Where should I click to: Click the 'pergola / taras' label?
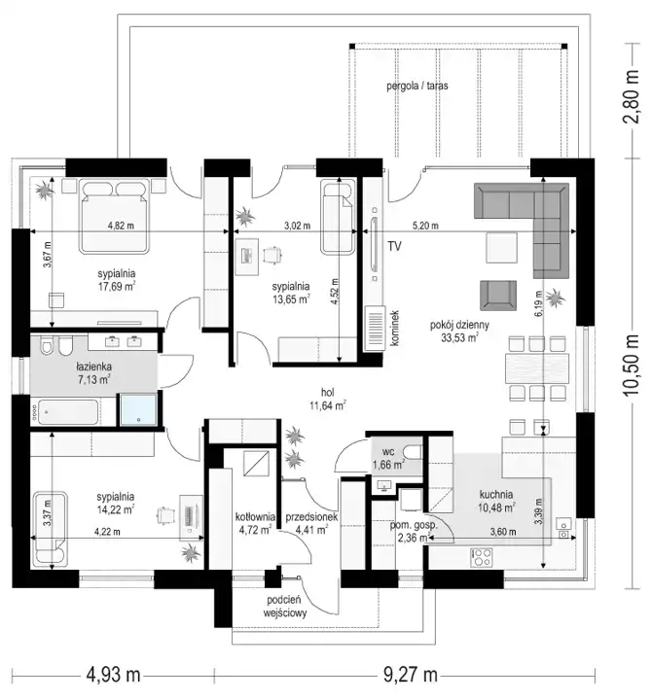click(416, 86)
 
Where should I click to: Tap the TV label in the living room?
click(394, 246)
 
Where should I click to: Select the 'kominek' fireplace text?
click(394, 329)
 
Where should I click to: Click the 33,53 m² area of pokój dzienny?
click(459, 337)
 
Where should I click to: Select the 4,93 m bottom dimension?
click(113, 674)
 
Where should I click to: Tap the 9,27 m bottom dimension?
click(411, 674)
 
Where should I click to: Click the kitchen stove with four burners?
click(482, 558)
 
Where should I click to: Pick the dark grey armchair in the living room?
click(498, 296)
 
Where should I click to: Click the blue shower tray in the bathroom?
click(138, 408)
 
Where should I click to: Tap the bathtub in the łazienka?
click(68, 412)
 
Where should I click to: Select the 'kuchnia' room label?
click(496, 494)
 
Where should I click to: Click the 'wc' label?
click(388, 451)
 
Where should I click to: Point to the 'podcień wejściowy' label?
click(284, 607)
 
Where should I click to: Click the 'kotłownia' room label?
click(255, 516)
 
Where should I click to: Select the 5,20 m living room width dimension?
click(425, 226)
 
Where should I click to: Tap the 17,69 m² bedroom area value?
click(117, 286)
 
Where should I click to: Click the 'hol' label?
click(328, 393)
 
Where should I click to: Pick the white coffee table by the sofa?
click(501, 248)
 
